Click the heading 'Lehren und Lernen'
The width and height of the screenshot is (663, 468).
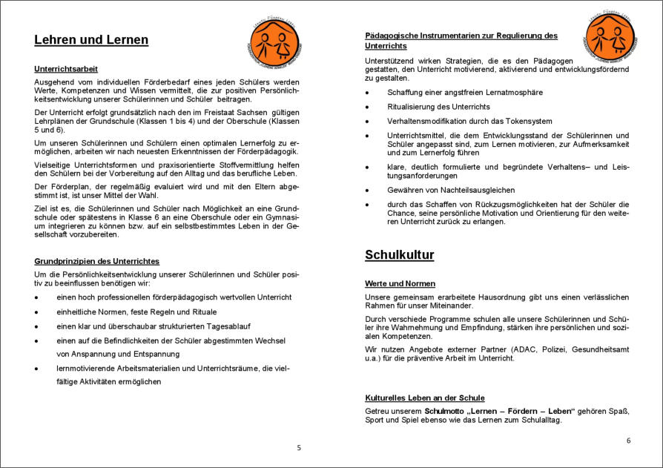click(x=91, y=41)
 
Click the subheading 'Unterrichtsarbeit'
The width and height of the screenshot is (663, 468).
click(x=66, y=69)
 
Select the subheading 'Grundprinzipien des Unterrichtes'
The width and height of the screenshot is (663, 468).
click(x=96, y=261)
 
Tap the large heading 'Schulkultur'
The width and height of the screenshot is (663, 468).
click(x=399, y=255)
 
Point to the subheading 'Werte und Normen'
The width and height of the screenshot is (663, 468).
click(x=400, y=283)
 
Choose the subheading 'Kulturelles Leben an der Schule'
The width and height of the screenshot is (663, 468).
click(x=424, y=398)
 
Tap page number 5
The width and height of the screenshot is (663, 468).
click(x=299, y=447)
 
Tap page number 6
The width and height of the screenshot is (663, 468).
click(x=628, y=440)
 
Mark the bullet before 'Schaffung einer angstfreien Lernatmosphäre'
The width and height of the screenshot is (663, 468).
click(x=368, y=93)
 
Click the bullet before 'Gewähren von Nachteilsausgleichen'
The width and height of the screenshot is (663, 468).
click(x=368, y=190)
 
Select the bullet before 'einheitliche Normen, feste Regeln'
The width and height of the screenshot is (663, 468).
click(x=37, y=312)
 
